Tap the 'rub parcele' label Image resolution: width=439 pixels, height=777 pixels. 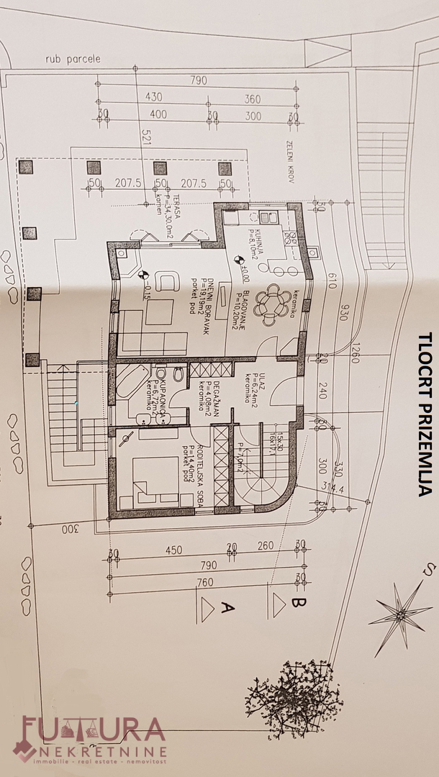[x=72, y=59]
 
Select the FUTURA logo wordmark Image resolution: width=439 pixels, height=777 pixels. [x=94, y=730]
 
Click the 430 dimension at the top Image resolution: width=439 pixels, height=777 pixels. [x=154, y=96]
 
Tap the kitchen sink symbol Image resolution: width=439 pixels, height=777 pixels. [x=269, y=216]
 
